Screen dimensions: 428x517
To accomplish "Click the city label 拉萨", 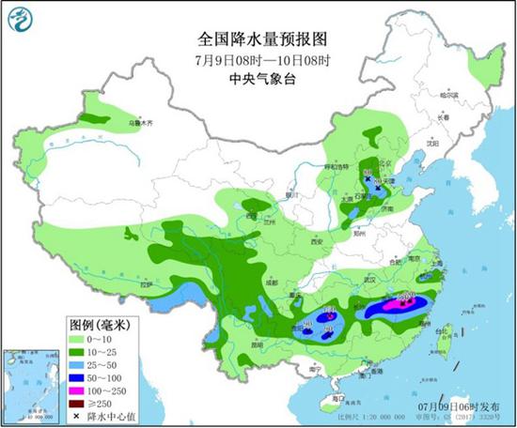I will pos(146,284).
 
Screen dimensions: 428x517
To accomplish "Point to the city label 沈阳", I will pos(432,145).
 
